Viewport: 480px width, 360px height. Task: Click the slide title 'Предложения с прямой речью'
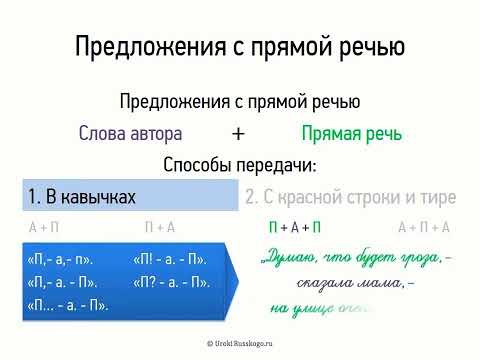pyautogui.click(x=240, y=47)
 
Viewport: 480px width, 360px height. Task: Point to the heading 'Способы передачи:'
pyautogui.click(x=239, y=165)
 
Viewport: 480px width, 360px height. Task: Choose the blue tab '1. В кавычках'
pyautogui.click(x=83, y=196)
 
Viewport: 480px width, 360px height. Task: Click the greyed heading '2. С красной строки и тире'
pyautogui.click(x=350, y=196)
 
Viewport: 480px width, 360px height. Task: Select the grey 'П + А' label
pyautogui.click(x=160, y=227)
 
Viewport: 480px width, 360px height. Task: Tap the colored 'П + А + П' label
pyautogui.click(x=295, y=227)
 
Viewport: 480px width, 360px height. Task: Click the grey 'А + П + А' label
pyautogui.click(x=424, y=227)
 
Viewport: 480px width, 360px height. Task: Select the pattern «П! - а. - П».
pyautogui.click(x=170, y=259)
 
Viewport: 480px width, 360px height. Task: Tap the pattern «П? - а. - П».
pyautogui.click(x=170, y=281)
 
